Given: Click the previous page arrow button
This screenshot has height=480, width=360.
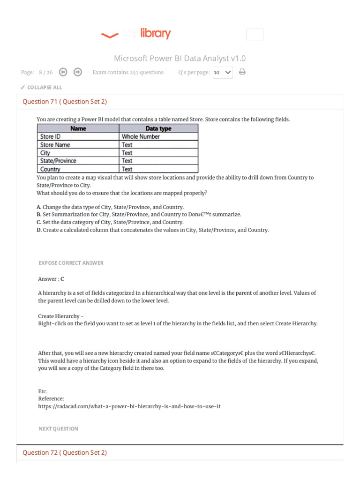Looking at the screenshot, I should [x=63, y=72].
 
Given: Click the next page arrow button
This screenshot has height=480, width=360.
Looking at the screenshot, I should [x=78, y=72].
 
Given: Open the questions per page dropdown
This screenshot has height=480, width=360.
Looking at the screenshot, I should [x=223, y=73].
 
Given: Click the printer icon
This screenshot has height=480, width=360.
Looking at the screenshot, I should [x=242, y=72].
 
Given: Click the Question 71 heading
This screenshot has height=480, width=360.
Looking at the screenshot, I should [x=65, y=102].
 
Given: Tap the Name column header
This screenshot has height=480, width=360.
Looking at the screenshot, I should [x=78, y=128].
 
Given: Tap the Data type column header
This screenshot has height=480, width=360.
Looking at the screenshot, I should [x=158, y=128].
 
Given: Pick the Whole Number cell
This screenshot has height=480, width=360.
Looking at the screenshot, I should [x=141, y=137].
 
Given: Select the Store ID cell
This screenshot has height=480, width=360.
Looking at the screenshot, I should [x=51, y=137].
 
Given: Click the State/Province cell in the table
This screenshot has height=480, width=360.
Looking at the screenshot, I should [x=58, y=161].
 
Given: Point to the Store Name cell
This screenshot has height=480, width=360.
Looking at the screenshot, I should [x=55, y=145].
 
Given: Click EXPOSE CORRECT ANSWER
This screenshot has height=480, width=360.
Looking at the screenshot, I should [x=71, y=263].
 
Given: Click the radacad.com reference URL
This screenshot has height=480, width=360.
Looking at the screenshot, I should [x=129, y=406].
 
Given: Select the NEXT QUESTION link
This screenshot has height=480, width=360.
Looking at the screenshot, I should [x=58, y=429].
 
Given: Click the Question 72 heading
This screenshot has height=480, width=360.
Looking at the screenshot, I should [x=65, y=453].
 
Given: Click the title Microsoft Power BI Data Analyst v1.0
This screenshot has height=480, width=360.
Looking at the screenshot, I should [x=180, y=59].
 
